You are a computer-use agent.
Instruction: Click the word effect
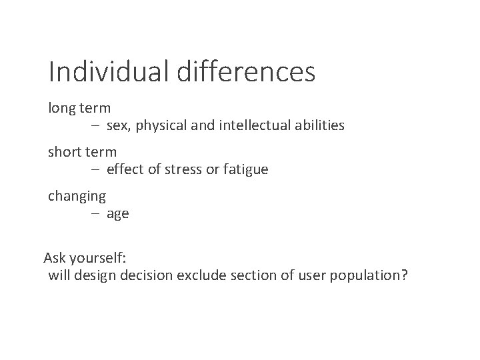[125, 169]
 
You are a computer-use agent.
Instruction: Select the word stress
[185, 169]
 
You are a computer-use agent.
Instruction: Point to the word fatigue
[244, 170]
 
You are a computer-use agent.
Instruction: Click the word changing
[77, 197]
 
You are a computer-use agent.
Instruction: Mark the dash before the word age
[96, 214]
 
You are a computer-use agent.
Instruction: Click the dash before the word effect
[96, 169]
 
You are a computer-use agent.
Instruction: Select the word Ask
[55, 258]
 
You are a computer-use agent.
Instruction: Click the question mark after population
[403, 275]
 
